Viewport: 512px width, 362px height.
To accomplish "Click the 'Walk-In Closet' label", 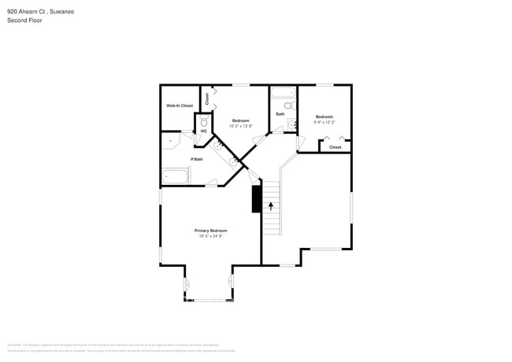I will tap(180, 105).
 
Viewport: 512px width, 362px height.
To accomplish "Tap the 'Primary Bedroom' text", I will tap(210, 231).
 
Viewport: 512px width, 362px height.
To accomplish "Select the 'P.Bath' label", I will tap(196, 160).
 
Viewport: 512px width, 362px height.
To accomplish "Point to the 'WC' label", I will tap(202, 131).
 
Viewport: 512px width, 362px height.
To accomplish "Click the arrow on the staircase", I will tap(271, 207).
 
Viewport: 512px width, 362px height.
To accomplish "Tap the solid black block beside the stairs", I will tap(256, 199).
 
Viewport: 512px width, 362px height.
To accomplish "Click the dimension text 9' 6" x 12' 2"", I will tap(325, 122).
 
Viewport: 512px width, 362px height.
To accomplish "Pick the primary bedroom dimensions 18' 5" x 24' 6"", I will tap(210, 236).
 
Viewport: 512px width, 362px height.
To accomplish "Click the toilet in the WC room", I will tap(203, 122).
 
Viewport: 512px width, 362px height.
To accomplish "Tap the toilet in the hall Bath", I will tap(288, 105).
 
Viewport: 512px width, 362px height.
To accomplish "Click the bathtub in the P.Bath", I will tap(176, 176).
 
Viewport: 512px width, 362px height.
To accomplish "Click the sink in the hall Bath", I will tap(291, 124).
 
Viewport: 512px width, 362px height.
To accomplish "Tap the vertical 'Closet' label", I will tap(207, 98).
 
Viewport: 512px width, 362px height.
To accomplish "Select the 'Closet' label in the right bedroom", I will tap(336, 147).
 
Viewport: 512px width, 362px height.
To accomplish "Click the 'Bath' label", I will tap(280, 114).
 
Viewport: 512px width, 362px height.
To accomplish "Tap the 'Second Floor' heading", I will tap(24, 20).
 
